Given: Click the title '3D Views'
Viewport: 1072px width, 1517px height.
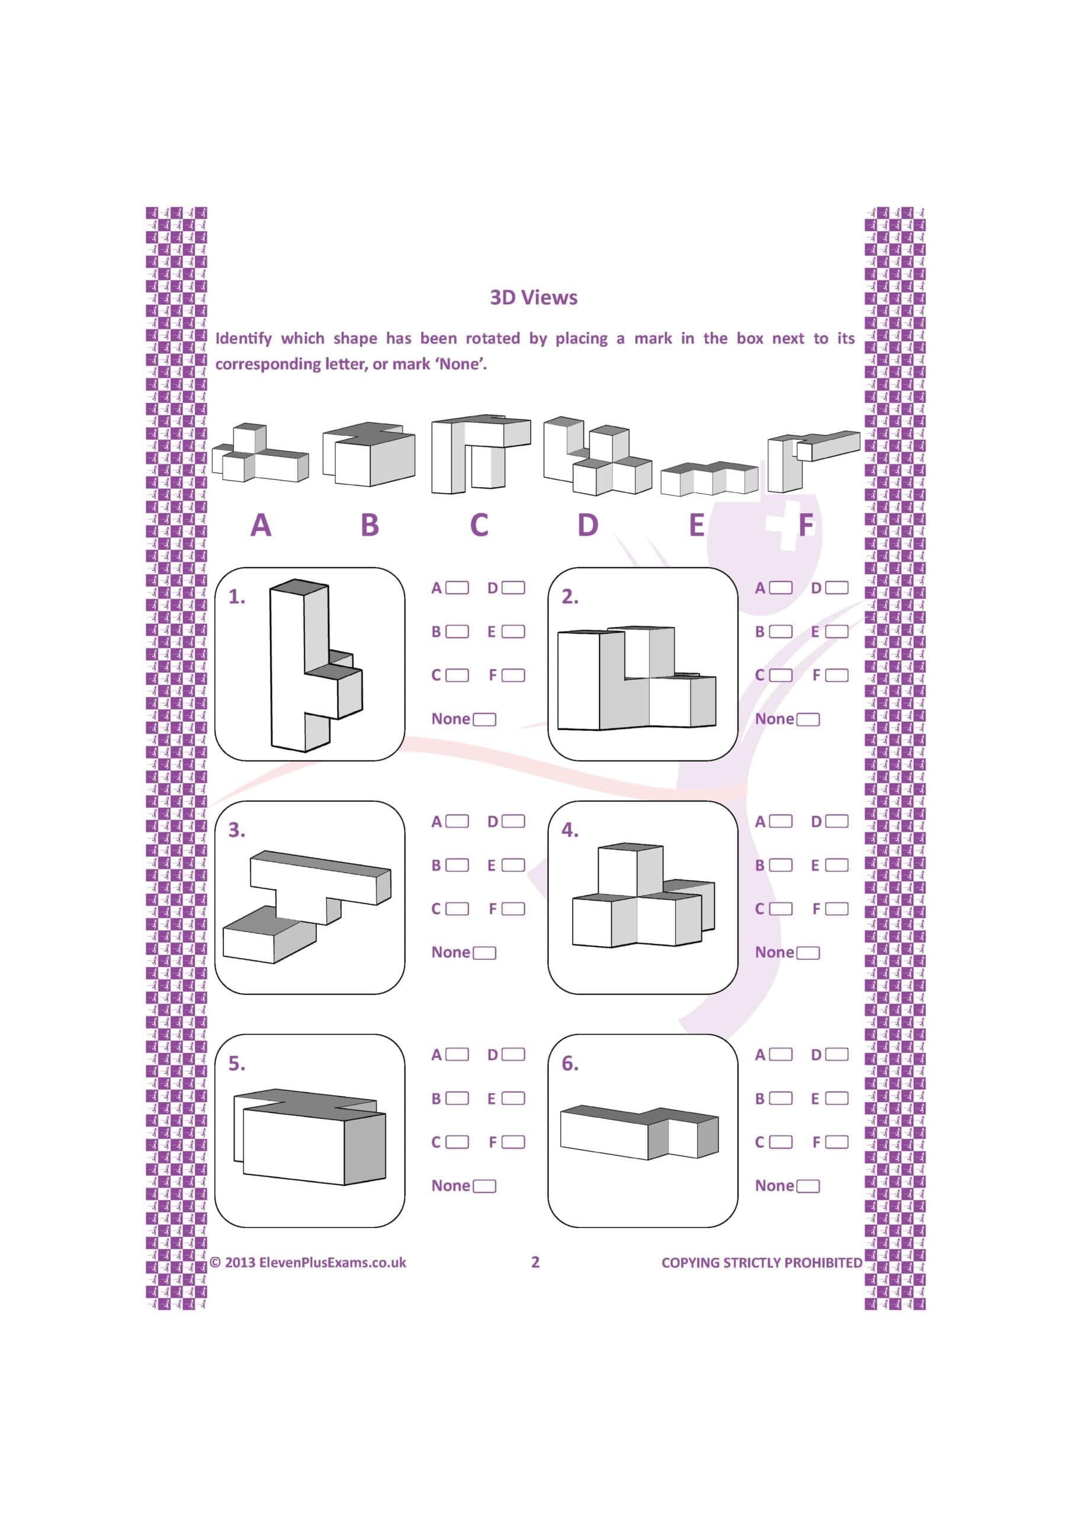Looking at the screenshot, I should tap(533, 297).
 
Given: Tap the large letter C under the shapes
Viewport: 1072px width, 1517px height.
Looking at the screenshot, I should tap(479, 525).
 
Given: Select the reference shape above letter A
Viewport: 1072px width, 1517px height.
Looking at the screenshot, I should tap(259, 454).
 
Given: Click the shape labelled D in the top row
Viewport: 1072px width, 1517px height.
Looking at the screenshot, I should tap(596, 456).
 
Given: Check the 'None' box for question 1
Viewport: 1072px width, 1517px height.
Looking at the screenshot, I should tap(484, 719).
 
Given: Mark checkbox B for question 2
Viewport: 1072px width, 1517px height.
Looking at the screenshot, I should tap(780, 632).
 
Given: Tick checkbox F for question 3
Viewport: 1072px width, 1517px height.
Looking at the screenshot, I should tap(513, 909).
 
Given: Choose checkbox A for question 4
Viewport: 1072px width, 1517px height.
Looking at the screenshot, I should tap(780, 821).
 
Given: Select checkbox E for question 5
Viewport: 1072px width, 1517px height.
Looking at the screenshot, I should tap(513, 1098).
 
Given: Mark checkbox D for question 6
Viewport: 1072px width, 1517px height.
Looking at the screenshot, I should tap(836, 1055).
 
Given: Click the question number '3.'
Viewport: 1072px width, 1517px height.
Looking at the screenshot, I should tap(236, 831).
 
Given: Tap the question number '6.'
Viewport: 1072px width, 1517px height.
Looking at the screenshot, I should tap(569, 1064).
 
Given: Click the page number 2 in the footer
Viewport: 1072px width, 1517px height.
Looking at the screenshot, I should tap(535, 1262).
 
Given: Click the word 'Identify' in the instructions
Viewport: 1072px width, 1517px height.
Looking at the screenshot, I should tap(243, 338).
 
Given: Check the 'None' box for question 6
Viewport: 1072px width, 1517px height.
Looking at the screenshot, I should tap(808, 1186).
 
